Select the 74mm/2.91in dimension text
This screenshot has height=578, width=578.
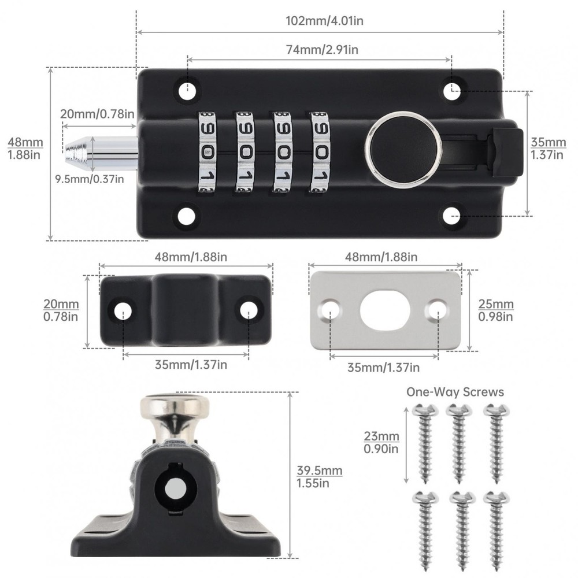[x=318, y=50]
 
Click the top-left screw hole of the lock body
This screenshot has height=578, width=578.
[x=187, y=90]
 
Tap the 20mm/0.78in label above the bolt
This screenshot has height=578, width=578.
[x=97, y=113]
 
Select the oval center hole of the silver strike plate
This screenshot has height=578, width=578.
[x=385, y=310]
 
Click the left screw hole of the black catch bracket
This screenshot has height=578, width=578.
[x=123, y=310]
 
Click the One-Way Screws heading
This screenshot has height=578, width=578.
[x=455, y=392]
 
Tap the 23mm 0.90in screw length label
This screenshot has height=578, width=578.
[x=381, y=442]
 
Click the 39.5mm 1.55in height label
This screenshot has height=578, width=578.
[x=319, y=477]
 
